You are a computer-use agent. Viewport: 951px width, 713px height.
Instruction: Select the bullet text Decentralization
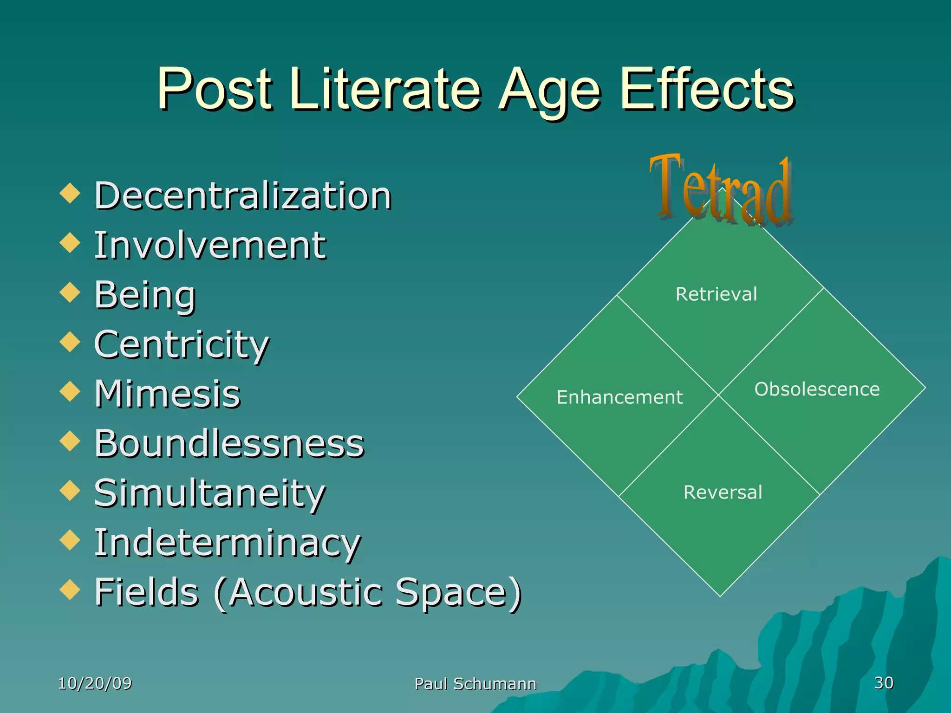pyautogui.click(x=243, y=196)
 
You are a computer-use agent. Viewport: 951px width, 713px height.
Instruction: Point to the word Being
pyautogui.click(x=145, y=295)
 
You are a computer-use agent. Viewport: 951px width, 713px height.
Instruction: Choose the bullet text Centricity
pyautogui.click(x=182, y=344)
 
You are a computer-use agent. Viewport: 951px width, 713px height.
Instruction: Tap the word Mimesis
pyautogui.click(x=167, y=394)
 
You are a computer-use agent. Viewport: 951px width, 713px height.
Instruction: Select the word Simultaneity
pyautogui.click(x=210, y=493)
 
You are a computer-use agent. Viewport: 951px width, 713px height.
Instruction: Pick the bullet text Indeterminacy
pyautogui.click(x=228, y=543)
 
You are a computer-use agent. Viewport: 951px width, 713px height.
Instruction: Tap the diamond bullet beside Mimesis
pyautogui.click(x=70, y=391)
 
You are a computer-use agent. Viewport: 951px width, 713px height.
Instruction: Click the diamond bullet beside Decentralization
pyautogui.click(x=70, y=193)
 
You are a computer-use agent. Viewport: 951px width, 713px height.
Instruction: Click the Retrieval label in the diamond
pyautogui.click(x=716, y=294)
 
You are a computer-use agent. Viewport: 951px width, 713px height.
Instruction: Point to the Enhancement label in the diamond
pyautogui.click(x=619, y=397)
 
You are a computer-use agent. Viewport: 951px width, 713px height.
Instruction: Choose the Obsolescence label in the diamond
pyautogui.click(x=817, y=389)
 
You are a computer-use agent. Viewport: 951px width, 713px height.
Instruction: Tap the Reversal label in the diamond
pyautogui.click(x=723, y=492)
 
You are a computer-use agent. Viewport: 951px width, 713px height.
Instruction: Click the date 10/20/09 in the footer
pyautogui.click(x=95, y=683)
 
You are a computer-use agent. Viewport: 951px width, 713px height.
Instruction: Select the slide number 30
pyautogui.click(x=884, y=683)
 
